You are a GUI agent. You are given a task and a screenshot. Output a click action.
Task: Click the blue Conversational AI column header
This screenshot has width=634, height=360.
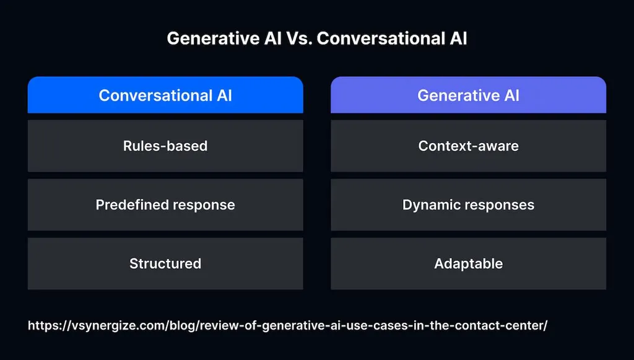pyautogui.click(x=165, y=95)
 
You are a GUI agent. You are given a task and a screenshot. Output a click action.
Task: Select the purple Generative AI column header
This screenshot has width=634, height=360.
pyautogui.click(x=468, y=95)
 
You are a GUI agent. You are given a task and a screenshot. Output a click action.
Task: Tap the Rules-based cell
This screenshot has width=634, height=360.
pyautogui.click(x=165, y=146)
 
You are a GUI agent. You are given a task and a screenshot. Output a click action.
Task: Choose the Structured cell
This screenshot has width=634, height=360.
pyautogui.click(x=165, y=263)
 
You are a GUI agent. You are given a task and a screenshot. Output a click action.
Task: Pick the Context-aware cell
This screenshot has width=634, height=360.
pyautogui.click(x=468, y=146)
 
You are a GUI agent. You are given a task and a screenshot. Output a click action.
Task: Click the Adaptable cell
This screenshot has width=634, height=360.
pyautogui.click(x=468, y=263)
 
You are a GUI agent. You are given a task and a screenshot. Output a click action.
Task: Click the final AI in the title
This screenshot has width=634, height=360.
pyautogui.click(x=456, y=38)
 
